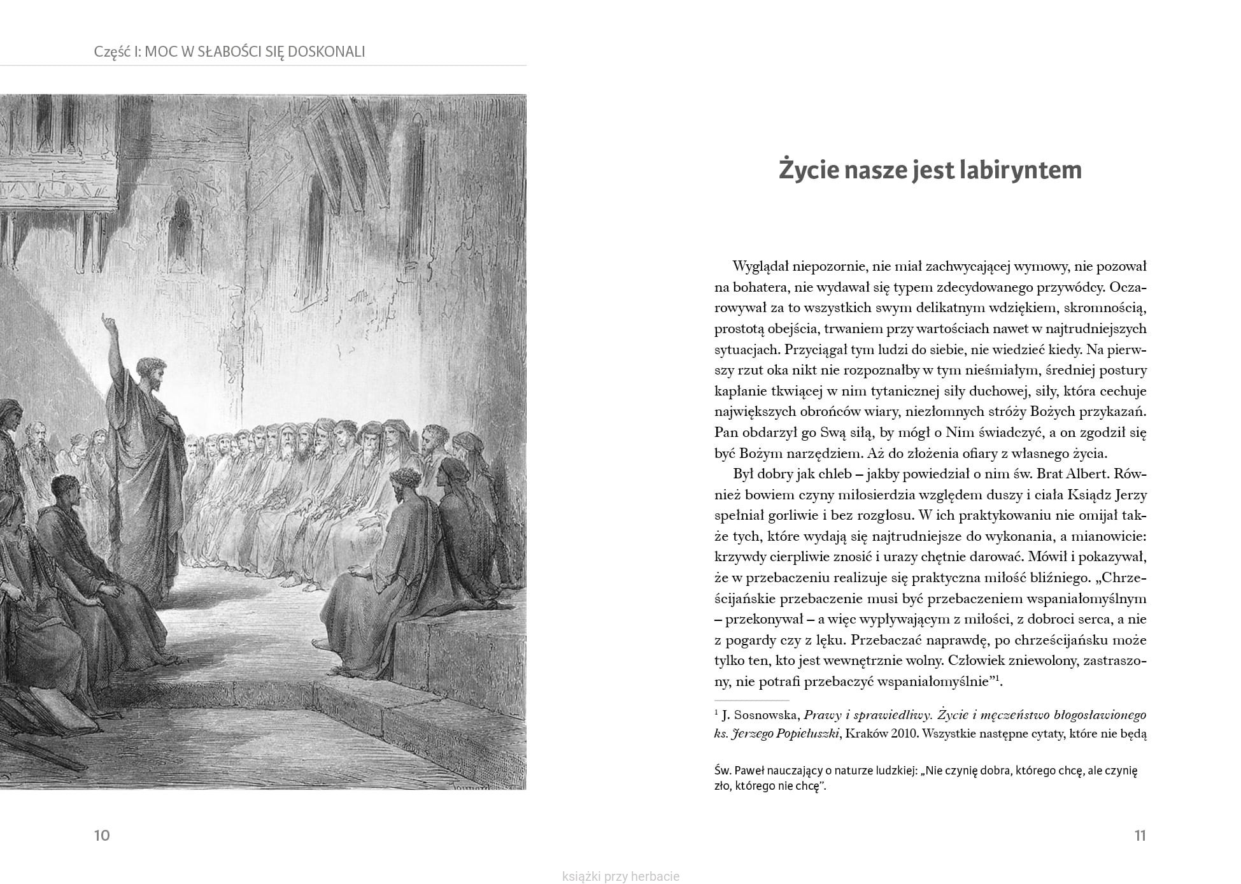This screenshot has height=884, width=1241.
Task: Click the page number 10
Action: click(102, 836)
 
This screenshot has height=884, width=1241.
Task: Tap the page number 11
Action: click(1140, 836)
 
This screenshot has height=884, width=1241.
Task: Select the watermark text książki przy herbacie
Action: click(621, 876)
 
